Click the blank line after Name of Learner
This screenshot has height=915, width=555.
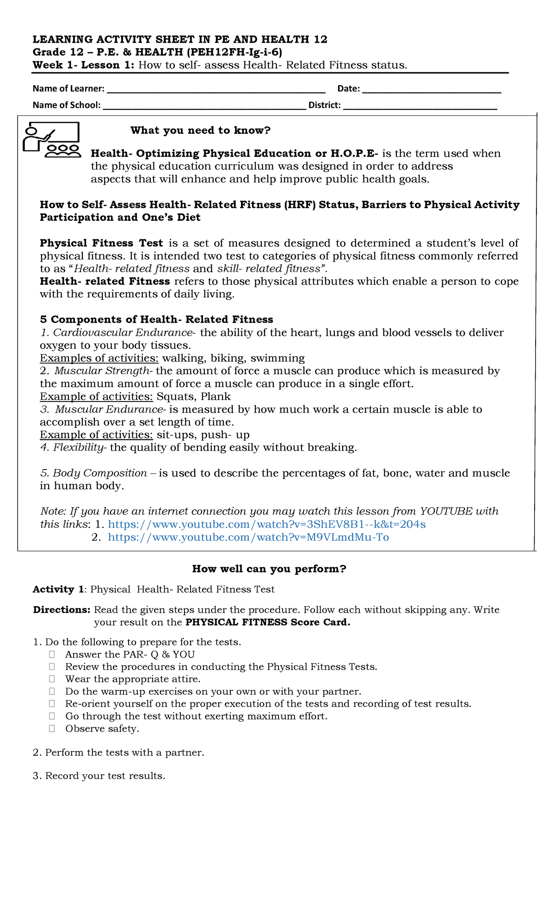click(216, 91)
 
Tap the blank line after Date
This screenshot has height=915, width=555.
click(432, 91)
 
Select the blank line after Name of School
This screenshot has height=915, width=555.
click(204, 107)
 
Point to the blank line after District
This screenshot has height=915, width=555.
click(420, 107)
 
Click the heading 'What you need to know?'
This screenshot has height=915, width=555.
click(200, 131)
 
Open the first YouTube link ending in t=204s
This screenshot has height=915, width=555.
click(266, 524)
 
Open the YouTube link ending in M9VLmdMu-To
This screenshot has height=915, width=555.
click(248, 537)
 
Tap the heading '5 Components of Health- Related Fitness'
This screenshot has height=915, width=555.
click(156, 320)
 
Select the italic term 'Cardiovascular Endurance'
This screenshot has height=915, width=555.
click(123, 332)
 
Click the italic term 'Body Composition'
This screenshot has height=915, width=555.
click(100, 473)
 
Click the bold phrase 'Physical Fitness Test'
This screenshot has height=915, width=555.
click(101, 243)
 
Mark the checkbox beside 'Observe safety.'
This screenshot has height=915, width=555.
click(52, 729)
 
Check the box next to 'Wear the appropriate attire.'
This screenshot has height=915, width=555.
click(52, 679)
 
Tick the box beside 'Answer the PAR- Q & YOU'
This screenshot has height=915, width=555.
click(52, 654)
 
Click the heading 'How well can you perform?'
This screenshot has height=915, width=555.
click(269, 569)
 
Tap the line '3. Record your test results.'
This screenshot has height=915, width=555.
click(99, 776)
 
